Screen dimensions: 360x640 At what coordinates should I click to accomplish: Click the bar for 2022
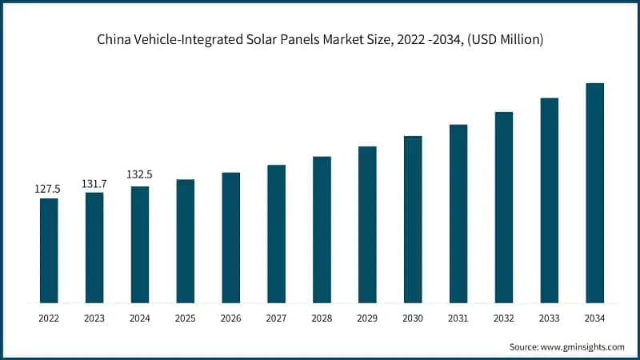pos(49,250)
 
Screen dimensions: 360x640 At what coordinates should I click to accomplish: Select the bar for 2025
pos(185,241)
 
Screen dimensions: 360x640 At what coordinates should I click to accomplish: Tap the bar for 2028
pos(322,230)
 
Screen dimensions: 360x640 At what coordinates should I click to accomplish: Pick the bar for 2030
pos(413,219)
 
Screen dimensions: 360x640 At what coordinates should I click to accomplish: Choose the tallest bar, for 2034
pos(594,193)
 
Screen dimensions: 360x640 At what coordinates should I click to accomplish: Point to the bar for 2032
pos(503,207)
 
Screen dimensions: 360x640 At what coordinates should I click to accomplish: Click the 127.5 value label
pos(48,189)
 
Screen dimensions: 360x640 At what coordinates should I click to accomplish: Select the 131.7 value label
pos(94,184)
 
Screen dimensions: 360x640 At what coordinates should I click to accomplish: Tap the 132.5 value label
pos(139,174)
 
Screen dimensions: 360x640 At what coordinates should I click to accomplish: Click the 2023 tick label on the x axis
pos(94,318)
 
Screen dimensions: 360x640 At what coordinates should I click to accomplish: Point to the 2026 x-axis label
pos(230,318)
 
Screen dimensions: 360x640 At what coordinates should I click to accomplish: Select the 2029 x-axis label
pos(367,318)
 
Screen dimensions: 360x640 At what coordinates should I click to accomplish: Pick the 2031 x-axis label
pos(458,318)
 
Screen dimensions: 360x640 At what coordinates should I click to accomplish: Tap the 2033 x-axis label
pos(549,318)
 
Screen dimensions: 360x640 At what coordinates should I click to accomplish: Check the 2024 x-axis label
pos(139,318)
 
